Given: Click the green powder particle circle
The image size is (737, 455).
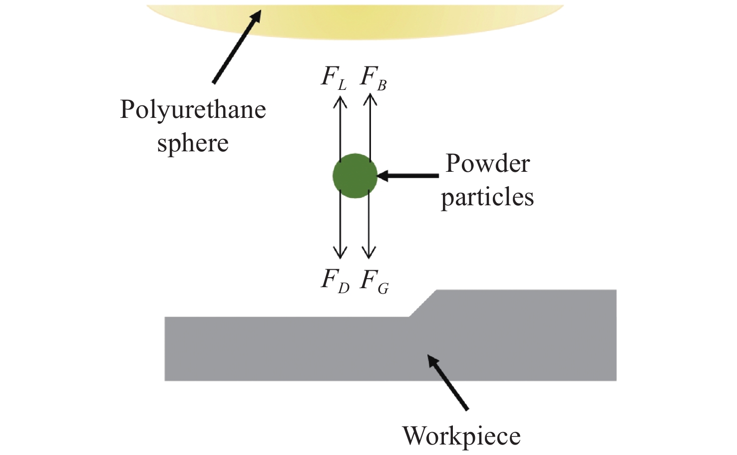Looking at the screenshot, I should (355, 176).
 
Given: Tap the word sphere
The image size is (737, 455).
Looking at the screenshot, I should (193, 144).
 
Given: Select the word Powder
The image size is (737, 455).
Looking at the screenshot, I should (487, 163).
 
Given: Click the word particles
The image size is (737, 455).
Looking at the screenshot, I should (487, 198).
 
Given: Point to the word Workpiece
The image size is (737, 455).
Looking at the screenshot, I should (461, 436).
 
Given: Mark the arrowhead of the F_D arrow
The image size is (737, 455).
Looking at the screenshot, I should (340, 253).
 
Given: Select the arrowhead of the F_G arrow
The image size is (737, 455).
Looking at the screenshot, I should (369, 253).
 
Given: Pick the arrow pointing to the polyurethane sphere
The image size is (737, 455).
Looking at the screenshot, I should (236, 47).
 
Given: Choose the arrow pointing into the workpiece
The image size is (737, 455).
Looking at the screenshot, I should (448, 382).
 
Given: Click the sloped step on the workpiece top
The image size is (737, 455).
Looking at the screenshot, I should (423, 303).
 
